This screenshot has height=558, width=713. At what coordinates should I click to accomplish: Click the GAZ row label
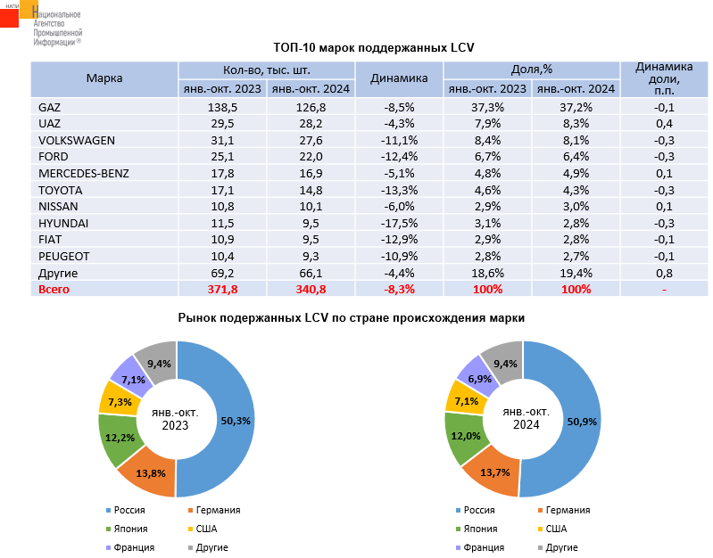[x=50, y=107]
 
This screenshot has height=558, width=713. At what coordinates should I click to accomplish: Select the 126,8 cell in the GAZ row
[x=311, y=107]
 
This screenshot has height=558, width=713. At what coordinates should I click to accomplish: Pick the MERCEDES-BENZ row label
[x=84, y=173]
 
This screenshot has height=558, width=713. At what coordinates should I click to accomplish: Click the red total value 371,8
[x=222, y=290]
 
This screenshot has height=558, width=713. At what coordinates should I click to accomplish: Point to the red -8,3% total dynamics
[x=398, y=290]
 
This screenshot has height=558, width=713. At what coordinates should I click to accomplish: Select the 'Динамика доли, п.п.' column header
[x=663, y=78]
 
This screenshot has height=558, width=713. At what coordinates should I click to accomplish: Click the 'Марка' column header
[x=104, y=78]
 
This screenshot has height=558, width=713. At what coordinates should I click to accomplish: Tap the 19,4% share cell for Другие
[x=576, y=273]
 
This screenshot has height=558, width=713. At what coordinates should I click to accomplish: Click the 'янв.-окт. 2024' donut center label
[x=524, y=418]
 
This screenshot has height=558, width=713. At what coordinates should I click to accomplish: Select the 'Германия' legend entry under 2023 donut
[x=215, y=510]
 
